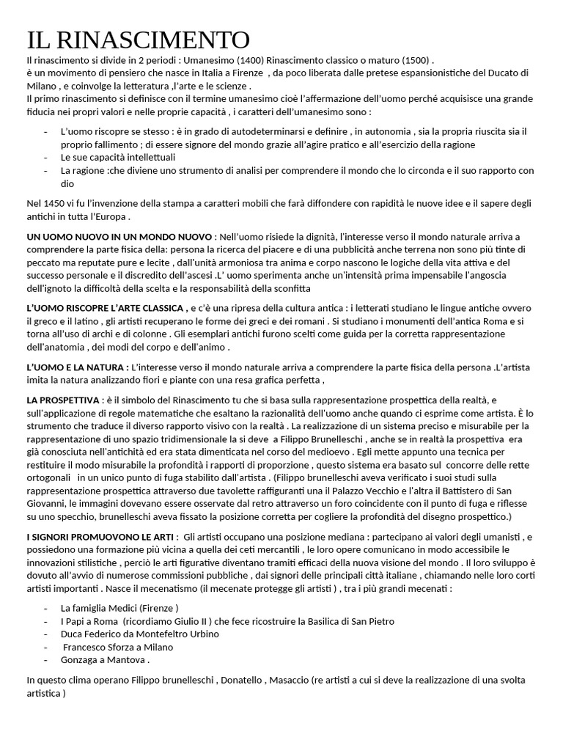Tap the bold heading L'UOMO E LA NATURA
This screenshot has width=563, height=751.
(78, 367)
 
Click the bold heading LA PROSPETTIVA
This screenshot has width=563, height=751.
(63, 400)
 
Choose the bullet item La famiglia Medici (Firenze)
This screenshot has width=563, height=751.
(119, 608)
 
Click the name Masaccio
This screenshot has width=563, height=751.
(290, 680)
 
